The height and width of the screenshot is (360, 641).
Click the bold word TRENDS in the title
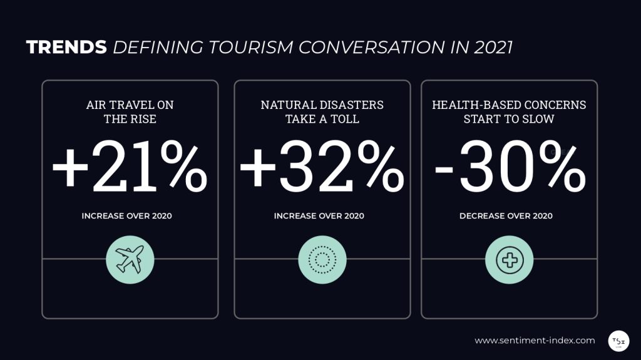(66, 48)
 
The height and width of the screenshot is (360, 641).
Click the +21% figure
(130, 168)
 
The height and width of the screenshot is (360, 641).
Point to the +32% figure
(322, 168)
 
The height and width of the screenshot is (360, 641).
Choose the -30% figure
(510, 168)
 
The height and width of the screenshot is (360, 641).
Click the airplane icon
(130, 259)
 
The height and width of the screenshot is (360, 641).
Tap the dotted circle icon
(322, 259)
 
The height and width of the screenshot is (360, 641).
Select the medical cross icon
(510, 259)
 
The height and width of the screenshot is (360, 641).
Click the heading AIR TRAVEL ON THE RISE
(130, 111)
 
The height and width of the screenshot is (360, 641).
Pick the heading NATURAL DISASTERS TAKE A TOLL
(322, 111)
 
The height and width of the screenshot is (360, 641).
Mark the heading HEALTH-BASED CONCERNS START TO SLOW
(510, 111)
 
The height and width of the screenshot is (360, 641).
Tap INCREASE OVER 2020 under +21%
(126, 216)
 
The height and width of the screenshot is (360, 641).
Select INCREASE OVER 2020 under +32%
(319, 216)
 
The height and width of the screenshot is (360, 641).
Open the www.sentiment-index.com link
(535, 341)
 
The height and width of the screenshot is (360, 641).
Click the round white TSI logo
(618, 340)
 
